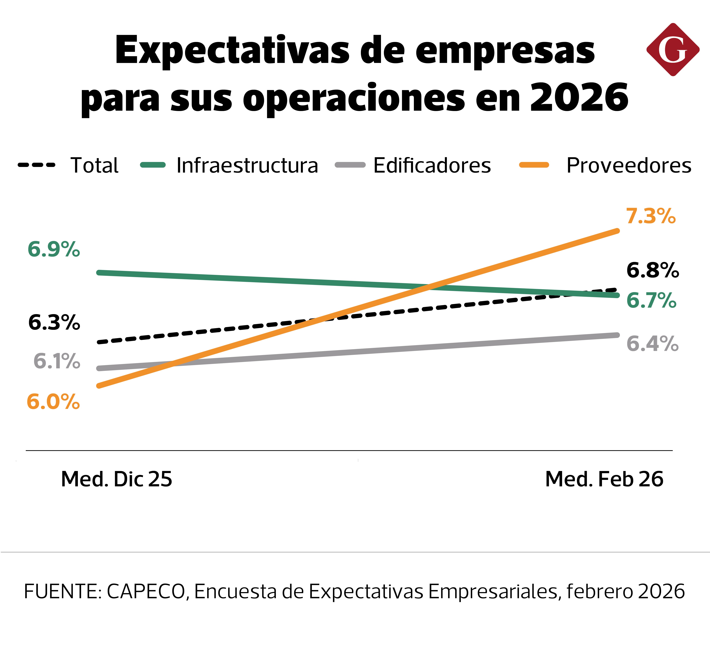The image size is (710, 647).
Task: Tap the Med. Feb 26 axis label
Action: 604,479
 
